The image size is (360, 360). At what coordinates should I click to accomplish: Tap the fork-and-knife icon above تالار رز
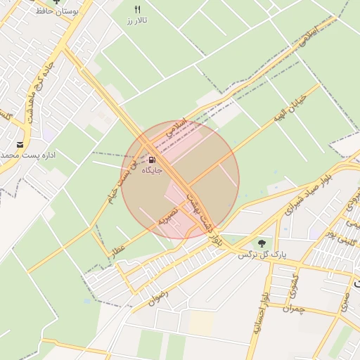(x=138, y=9)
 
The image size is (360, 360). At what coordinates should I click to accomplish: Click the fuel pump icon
(x=153, y=158)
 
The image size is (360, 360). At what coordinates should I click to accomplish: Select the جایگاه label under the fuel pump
(x=152, y=170)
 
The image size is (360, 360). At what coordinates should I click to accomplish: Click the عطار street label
(x=117, y=249)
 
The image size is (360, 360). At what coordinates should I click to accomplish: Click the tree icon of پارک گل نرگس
(x=262, y=243)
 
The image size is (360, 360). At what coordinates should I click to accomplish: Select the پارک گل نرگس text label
(x=254, y=255)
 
